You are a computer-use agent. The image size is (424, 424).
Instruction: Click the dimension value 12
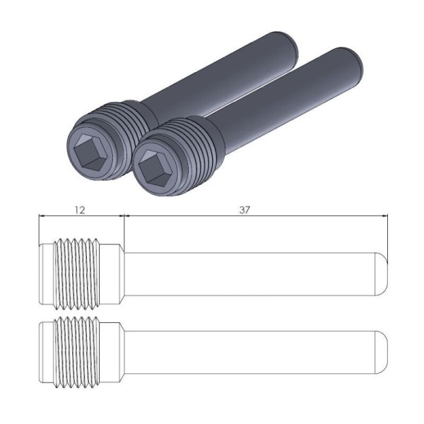[80, 210]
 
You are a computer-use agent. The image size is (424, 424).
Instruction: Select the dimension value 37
[245, 210]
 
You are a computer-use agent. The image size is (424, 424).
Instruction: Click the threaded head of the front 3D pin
[194, 141]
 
